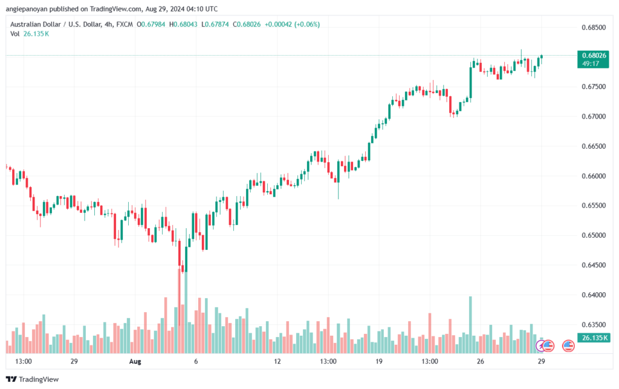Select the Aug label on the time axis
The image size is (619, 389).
click(x=135, y=361)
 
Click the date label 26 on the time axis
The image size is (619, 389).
click(x=481, y=361)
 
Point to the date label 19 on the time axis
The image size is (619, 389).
click(x=379, y=361)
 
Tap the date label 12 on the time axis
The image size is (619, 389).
click(x=277, y=361)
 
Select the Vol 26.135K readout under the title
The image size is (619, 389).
click(x=30, y=33)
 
